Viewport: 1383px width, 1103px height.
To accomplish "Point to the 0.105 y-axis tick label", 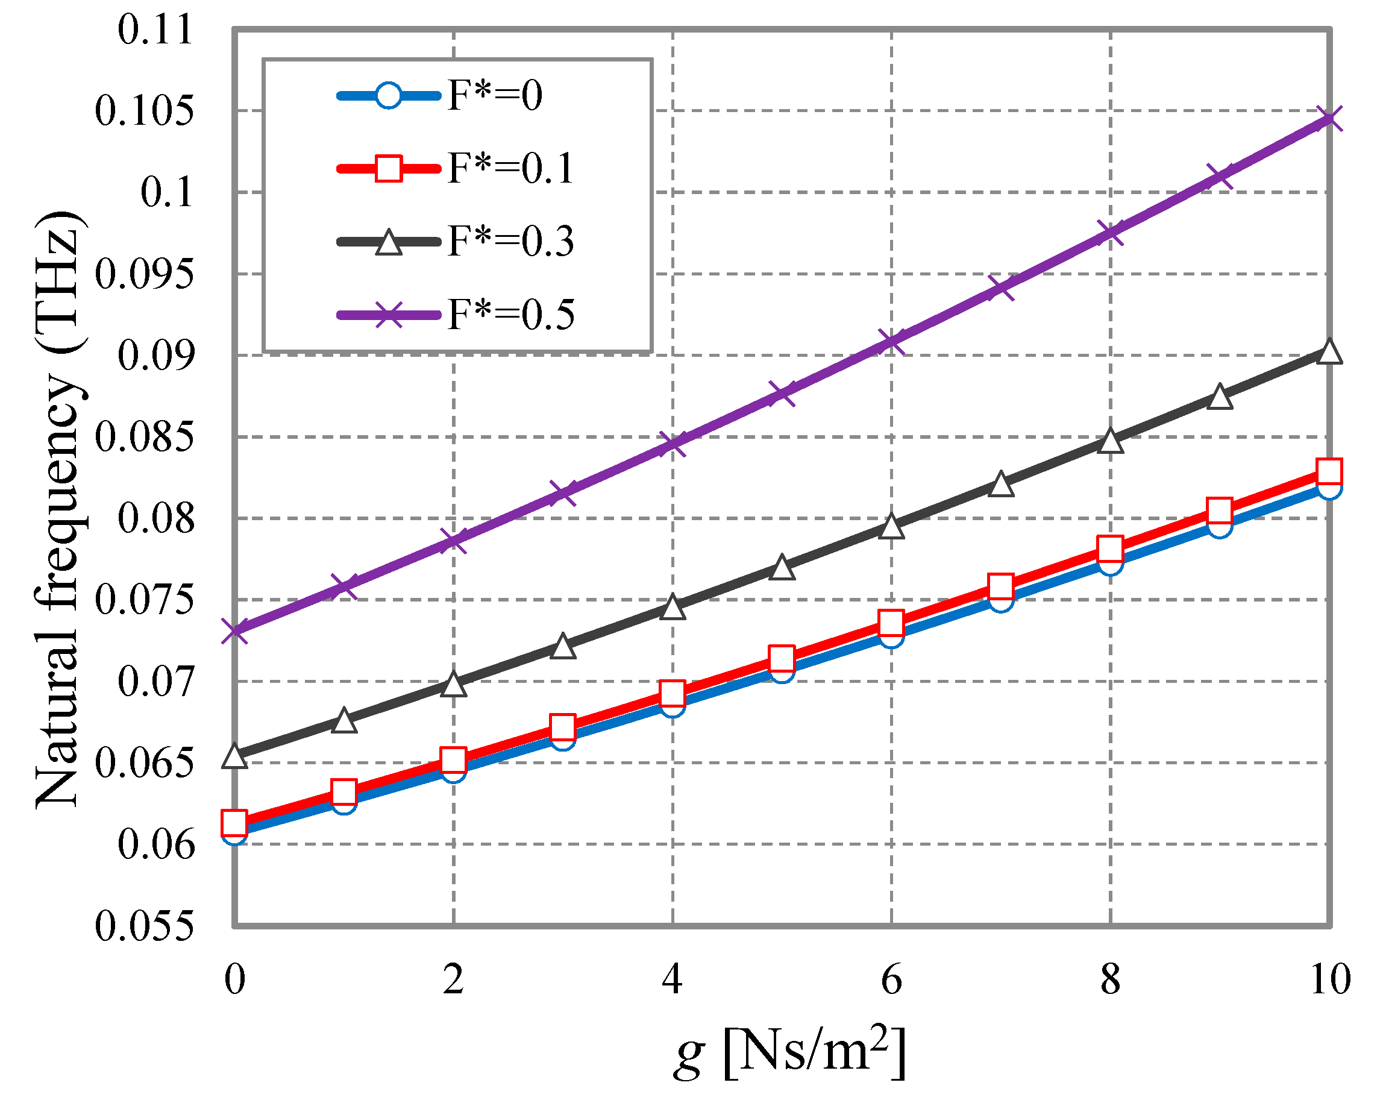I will (143, 110).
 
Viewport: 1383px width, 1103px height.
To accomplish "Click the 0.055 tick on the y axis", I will (143, 926).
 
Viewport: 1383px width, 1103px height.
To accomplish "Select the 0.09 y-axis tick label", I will (155, 356).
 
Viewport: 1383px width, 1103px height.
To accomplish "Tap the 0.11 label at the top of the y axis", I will (155, 30).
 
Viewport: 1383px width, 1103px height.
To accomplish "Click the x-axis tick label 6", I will (891, 979).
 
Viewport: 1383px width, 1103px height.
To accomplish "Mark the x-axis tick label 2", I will (453, 979).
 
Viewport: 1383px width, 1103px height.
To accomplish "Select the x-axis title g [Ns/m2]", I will (789, 1054).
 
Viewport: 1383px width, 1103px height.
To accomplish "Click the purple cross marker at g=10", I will (1329, 118).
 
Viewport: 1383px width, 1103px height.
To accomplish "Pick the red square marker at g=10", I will (1329, 471).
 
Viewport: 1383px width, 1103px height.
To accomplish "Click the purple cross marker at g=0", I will (235, 630).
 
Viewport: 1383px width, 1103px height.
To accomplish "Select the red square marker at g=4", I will (672, 694).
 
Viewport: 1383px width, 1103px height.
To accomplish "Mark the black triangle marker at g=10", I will (1329, 352).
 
